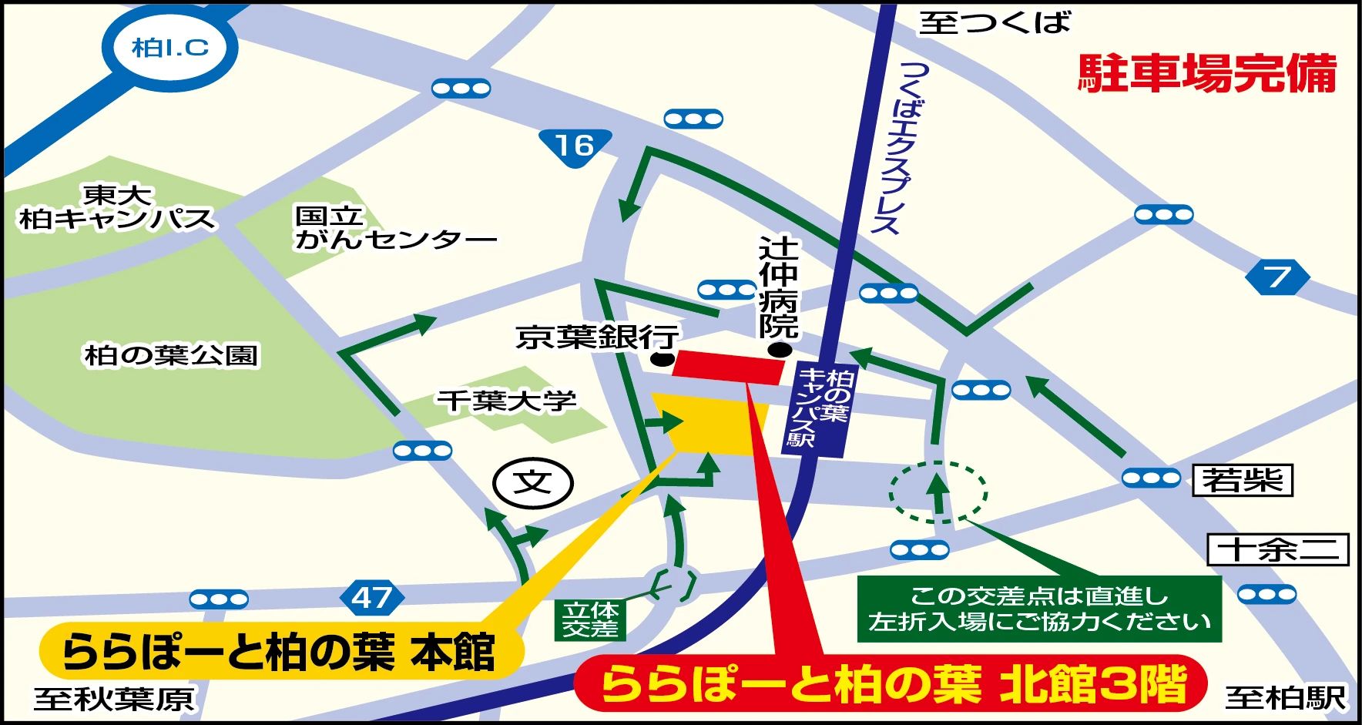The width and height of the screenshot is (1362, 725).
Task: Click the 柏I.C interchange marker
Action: [170, 48]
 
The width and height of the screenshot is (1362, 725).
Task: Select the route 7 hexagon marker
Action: [1276, 277]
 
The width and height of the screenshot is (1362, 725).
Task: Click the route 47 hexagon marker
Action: [371, 597]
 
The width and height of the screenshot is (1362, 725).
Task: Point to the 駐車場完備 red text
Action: [1206, 74]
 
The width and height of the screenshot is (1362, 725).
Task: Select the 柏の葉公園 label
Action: [171, 355]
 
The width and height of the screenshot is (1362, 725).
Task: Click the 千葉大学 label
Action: [507, 401]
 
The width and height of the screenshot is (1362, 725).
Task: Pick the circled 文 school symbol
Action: [533, 483]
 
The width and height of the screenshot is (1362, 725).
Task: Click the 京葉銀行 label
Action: [597, 337]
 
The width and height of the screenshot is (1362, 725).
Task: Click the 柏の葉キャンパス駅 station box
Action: [820, 409]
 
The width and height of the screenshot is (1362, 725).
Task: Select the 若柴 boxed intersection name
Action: [1242, 481]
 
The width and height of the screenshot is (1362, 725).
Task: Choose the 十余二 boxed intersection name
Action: [1277, 550]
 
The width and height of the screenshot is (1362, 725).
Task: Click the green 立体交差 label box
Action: [590, 619]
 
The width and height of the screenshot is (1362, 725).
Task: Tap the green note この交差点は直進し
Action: [1038, 609]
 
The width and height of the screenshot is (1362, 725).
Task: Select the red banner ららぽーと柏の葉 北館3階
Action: [892, 683]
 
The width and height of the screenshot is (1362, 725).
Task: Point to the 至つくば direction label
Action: [994, 23]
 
